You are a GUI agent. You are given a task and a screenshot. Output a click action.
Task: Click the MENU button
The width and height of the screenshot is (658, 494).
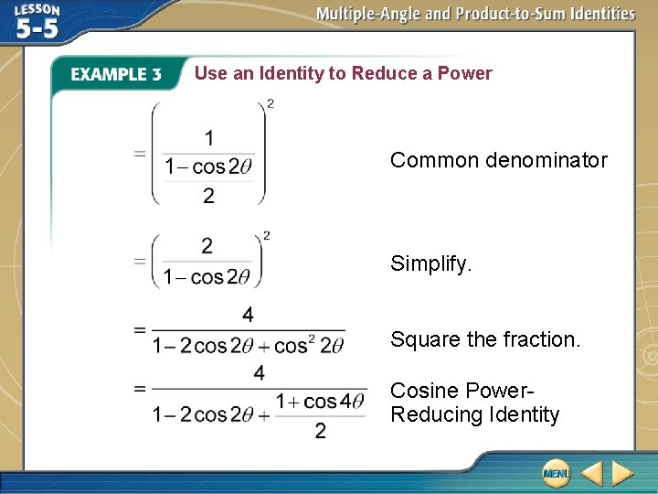[x=556, y=473]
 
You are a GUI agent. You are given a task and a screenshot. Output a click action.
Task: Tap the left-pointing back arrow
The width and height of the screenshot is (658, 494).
[x=592, y=473]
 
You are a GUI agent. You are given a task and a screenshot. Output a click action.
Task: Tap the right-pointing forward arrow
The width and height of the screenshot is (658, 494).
[x=623, y=473]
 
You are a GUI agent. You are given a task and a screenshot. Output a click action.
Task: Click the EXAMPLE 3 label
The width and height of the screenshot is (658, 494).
[x=116, y=75]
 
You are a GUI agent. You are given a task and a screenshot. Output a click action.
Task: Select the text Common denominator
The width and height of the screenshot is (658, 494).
[x=498, y=160]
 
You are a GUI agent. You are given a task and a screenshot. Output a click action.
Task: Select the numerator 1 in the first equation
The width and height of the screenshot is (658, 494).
[x=209, y=138]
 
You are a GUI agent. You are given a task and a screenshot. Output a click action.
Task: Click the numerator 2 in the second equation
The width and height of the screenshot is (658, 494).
[x=207, y=245]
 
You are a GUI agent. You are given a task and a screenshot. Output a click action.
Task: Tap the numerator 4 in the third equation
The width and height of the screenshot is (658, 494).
[x=248, y=315]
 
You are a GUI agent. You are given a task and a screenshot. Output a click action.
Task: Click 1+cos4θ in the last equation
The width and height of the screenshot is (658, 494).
[x=321, y=401]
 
